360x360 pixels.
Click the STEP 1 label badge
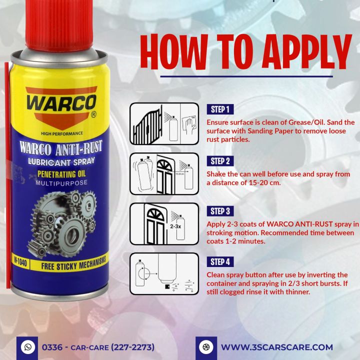pyautogui.click(x=220, y=109)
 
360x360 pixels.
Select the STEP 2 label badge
pyautogui.click(x=220, y=161)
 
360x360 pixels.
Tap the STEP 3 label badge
pyautogui.click(x=220, y=211)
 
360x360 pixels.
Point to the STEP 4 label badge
pyautogui.click(x=220, y=261)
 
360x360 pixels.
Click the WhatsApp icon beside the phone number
pyautogui.click(x=27, y=346)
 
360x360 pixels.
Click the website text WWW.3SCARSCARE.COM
pyautogui.click(x=276, y=347)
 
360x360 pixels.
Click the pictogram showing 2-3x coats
pyautogui.click(x=163, y=223)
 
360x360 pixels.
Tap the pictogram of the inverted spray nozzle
pyautogui.click(x=163, y=274)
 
